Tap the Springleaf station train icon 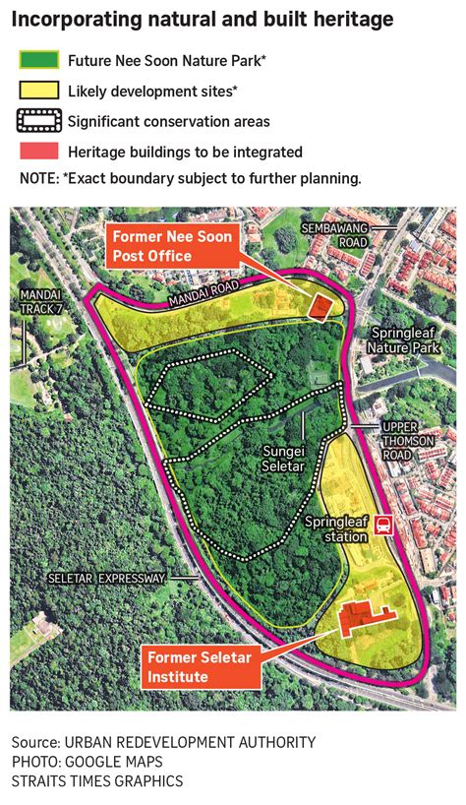[x=381, y=527]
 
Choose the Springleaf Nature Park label [x=402, y=341]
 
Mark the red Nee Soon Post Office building [x=320, y=306]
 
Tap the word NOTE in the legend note [x=39, y=179]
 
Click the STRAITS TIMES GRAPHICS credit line [x=97, y=781]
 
